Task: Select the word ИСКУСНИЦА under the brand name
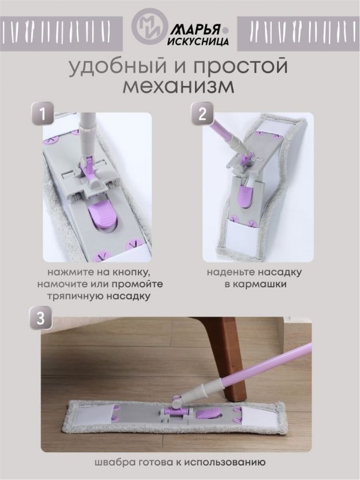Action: point(198,42)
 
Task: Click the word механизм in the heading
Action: point(178,86)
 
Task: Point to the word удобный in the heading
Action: point(117,66)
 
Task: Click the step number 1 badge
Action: point(43,114)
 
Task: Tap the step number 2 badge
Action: point(202,114)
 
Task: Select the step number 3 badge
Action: point(41,318)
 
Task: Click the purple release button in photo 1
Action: point(102,216)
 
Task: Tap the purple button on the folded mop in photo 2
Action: point(244,197)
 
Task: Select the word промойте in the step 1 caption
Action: point(137,284)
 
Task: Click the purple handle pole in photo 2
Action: point(221,127)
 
